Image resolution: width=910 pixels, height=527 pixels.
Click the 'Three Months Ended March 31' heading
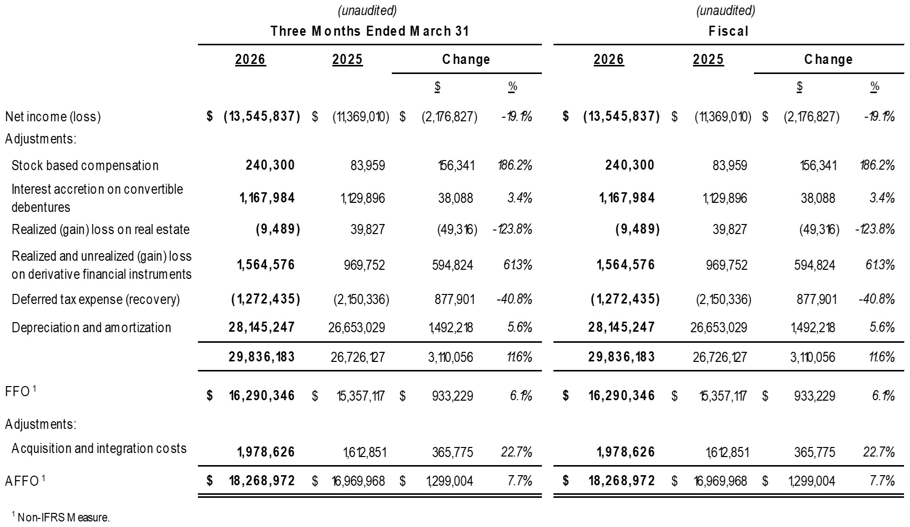370,31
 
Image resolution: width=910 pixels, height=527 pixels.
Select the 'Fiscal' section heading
728,31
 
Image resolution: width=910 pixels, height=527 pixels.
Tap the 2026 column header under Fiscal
608,59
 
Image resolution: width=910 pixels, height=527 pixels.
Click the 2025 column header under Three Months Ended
347,59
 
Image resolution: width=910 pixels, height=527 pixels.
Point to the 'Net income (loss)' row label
53,117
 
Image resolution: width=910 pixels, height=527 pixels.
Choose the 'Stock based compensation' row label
85,166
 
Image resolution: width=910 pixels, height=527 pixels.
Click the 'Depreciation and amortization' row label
91,328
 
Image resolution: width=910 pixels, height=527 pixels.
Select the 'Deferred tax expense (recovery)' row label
96,299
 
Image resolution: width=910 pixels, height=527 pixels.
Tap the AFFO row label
22,481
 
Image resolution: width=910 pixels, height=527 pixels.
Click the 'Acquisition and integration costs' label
99,448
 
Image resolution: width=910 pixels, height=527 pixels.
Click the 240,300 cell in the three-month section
270,165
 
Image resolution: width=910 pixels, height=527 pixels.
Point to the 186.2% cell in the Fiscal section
877,165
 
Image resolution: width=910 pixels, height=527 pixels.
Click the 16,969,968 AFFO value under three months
358,481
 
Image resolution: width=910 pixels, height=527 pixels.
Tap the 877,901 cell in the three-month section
454,299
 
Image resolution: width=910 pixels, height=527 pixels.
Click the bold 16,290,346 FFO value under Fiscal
621,396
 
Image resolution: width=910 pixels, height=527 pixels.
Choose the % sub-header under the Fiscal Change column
875,87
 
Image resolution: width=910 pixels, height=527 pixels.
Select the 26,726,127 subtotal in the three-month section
358,357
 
